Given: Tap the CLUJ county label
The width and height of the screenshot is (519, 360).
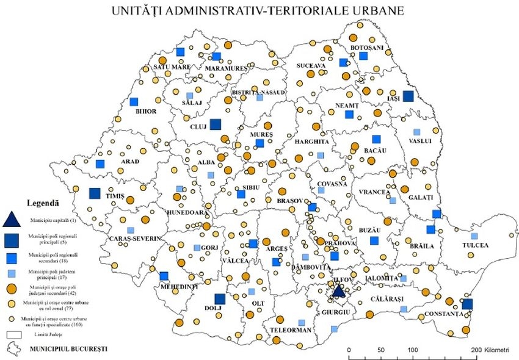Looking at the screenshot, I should [199, 127].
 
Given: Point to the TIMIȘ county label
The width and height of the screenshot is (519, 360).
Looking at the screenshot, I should [115, 196].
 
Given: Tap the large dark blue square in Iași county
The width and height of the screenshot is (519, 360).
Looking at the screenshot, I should [408, 95].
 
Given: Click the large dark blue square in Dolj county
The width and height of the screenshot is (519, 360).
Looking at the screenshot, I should [220, 299].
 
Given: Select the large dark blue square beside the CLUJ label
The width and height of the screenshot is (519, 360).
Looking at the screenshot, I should [216, 124].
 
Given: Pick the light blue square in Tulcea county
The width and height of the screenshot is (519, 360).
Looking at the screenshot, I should [474, 236].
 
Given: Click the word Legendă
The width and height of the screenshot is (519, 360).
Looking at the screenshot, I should [43, 202].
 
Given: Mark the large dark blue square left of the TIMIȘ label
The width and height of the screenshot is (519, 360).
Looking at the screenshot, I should [95, 193].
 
